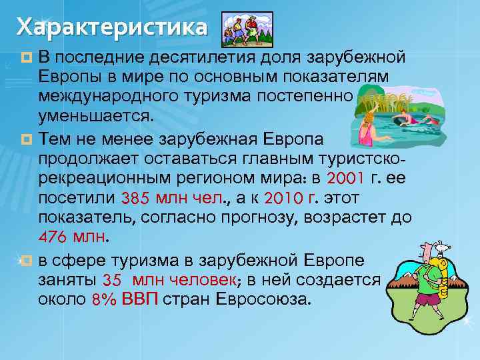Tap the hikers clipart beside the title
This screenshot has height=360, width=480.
[247, 29]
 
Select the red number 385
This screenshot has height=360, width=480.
[136, 199]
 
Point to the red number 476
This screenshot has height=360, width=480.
[53, 237]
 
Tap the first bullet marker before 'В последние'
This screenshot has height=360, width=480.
[27, 55]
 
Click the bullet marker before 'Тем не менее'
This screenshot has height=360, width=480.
[27, 138]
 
